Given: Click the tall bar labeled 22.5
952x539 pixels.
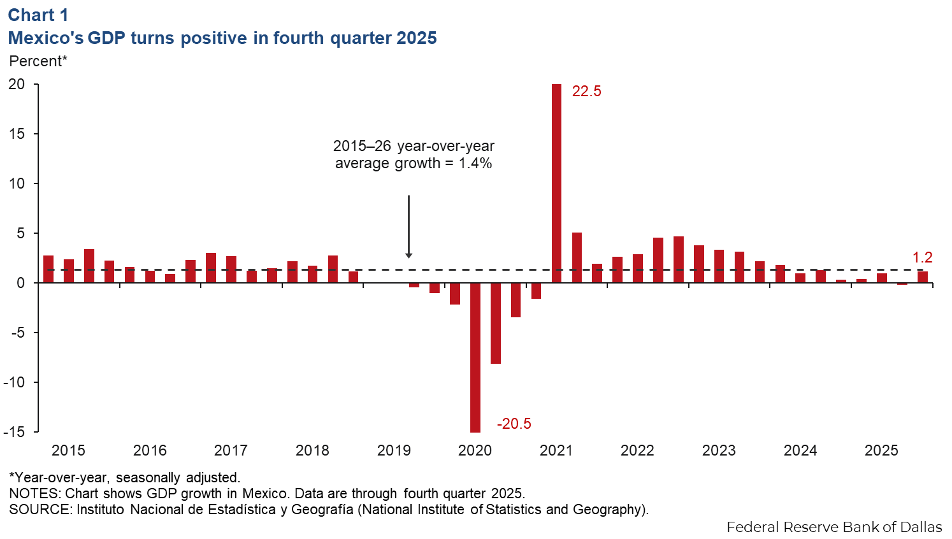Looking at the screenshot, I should (556, 183).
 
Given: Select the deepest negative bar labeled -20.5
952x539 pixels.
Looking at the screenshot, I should (475, 357).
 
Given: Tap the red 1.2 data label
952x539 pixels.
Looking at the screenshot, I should (922, 257).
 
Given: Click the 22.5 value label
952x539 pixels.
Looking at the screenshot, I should (586, 91).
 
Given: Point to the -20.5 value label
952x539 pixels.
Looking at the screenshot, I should (514, 424).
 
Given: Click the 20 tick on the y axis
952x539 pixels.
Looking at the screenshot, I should (17, 84).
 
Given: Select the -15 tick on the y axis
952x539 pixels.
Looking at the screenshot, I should (14, 431).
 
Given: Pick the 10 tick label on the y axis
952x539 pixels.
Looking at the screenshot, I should (17, 183).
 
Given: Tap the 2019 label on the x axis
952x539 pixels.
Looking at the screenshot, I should (394, 450).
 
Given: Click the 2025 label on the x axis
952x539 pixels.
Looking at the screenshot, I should (881, 450).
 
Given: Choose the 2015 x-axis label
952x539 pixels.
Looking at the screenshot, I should (68, 450).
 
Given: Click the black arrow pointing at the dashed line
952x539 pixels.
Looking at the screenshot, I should (408, 226).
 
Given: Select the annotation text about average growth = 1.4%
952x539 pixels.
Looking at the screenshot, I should (414, 155).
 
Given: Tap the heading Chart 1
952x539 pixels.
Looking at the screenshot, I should (38, 15).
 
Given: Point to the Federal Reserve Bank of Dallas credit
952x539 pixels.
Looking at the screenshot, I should (834, 527).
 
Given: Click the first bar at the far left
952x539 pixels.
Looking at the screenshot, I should (48, 269).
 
